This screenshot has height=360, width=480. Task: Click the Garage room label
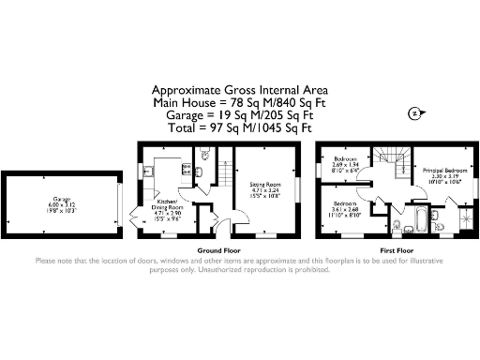click(x=62, y=203)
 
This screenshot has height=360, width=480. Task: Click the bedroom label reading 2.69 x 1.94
click(x=345, y=165)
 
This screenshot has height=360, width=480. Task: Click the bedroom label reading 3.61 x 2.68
click(x=346, y=208)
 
